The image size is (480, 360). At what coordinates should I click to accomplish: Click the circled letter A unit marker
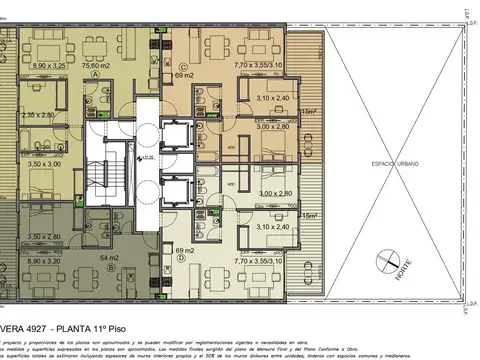coord(95,75)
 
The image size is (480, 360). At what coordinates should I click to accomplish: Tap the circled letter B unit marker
coord(95,247)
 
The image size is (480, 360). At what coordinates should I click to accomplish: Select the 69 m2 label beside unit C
coord(183,75)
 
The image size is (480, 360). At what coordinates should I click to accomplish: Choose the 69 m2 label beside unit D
coord(183,248)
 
